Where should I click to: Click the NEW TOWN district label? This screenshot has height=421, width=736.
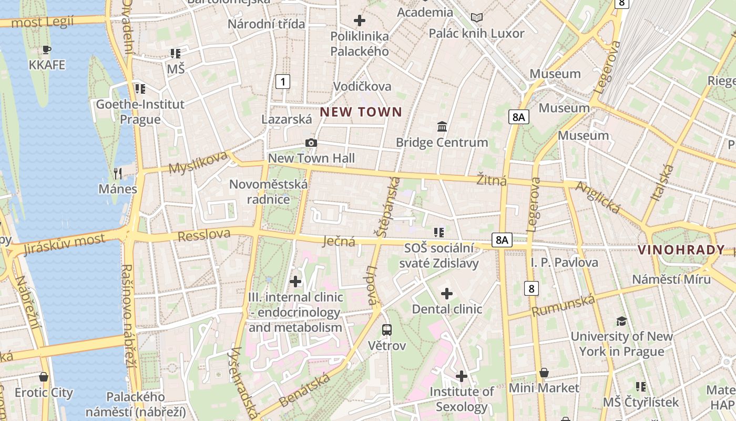[361, 112]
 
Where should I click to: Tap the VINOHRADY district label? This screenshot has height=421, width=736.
[681, 250]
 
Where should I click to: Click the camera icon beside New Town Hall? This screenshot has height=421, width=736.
[311, 143]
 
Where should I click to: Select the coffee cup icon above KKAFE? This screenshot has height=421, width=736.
[47, 50]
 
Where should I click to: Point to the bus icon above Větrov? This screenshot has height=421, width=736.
[387, 330]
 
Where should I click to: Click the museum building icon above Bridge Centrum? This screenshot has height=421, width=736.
[442, 127]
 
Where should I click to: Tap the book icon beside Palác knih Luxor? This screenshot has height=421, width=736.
[477, 18]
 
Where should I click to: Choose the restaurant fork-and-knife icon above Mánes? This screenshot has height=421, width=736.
[118, 173]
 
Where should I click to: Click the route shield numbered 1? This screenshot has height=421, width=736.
[283, 82]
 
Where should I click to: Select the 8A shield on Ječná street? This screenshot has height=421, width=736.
[502, 240]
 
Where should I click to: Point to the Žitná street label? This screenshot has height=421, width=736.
[492, 181]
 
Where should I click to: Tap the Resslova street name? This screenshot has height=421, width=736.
[204, 235]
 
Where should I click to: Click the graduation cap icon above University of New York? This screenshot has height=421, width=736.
[622, 321]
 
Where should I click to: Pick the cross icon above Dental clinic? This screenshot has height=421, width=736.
[447, 294]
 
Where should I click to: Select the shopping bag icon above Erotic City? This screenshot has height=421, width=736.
[44, 377]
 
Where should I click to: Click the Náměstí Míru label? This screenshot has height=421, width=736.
[667, 279]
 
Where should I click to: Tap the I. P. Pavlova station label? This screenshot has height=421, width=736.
[564, 262]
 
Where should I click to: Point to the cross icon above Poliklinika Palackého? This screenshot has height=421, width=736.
[360, 21]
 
